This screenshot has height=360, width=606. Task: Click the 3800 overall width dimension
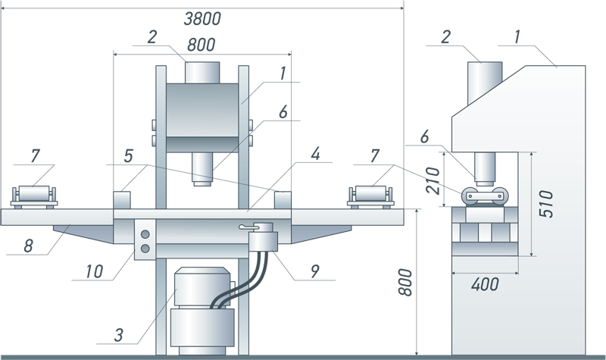point(202,18)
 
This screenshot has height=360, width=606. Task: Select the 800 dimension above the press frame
point(201,45)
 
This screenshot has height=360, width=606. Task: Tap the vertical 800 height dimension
point(406,282)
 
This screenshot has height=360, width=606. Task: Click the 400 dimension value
point(485,285)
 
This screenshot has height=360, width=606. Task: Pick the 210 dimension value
point(433,180)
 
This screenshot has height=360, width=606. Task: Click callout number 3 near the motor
point(119,335)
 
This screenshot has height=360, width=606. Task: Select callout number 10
point(94,271)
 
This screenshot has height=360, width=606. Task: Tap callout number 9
point(315,271)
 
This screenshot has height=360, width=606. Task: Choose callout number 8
point(28,246)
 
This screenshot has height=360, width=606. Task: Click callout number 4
point(315,154)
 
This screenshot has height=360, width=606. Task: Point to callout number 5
point(128,156)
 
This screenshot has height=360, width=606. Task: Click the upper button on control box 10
point(145,234)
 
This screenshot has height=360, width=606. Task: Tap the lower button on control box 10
point(145,249)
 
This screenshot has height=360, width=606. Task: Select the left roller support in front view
point(34,197)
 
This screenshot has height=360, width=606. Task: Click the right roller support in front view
point(370,197)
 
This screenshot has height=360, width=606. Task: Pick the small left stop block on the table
point(121,200)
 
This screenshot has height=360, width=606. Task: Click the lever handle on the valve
point(248,227)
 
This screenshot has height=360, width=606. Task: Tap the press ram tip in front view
point(202,183)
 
